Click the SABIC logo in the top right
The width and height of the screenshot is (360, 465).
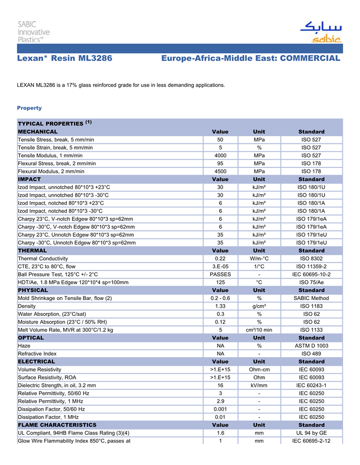[x=320, y=32]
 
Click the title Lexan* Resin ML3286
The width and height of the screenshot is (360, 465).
[x=64, y=58]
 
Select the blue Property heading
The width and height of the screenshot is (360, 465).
[x=29, y=108]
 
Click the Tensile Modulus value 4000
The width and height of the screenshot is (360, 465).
[x=220, y=155]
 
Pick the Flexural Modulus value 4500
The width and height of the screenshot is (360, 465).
[x=220, y=171]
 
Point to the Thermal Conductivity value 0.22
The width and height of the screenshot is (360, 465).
[x=220, y=258]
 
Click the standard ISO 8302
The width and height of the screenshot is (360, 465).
[x=312, y=258]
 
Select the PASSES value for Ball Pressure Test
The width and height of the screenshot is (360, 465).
[x=220, y=274]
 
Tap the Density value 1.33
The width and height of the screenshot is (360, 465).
[x=220, y=306]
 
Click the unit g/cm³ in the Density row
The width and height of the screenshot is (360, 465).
[x=259, y=306]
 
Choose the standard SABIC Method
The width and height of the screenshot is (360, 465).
[x=312, y=298]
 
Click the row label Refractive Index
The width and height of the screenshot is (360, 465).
[x=38, y=354]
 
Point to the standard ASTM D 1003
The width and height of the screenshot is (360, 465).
[x=312, y=346]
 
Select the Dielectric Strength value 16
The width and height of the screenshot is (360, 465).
[x=220, y=385]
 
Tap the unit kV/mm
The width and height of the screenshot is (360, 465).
[x=259, y=385]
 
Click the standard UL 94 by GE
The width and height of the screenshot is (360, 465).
[x=312, y=433]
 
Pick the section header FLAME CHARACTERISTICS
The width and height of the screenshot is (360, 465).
[x=57, y=425]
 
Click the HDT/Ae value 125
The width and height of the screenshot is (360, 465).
[x=220, y=282]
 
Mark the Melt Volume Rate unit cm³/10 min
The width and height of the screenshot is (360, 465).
[x=259, y=330]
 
